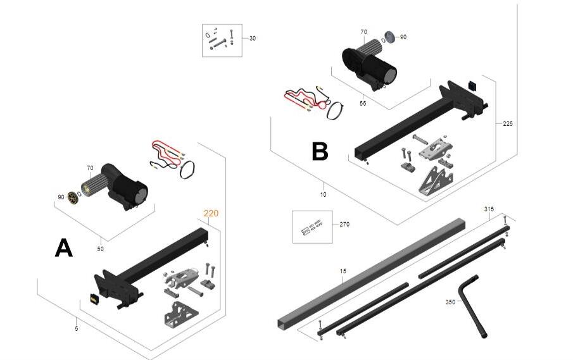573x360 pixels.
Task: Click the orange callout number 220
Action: click(211, 213)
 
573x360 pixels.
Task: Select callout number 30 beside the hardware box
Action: click(253, 39)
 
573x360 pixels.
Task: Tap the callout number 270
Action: click(344, 224)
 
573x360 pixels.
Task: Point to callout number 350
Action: click(450, 302)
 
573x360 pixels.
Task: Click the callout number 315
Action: click(489, 209)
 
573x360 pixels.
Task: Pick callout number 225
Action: click(508, 124)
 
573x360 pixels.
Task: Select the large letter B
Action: click(320, 151)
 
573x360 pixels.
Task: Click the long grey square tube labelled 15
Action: click(371, 274)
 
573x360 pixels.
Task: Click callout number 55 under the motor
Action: click(363, 103)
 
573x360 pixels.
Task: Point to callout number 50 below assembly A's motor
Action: click(100, 249)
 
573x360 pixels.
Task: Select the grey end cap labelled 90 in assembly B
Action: click(390, 37)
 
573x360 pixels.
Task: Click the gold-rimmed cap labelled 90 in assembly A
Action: click(73, 197)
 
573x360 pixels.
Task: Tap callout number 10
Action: click(323, 195)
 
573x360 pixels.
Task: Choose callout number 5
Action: click(77, 328)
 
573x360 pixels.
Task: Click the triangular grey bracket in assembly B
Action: click(436, 183)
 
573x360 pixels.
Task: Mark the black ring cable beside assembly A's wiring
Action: click(187, 170)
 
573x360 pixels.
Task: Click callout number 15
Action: click(343, 271)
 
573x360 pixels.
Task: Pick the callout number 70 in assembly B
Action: click(363, 32)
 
